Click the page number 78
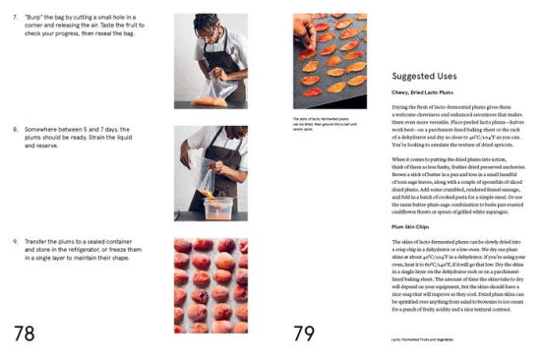coord(25,332)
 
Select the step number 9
coord(16,241)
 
